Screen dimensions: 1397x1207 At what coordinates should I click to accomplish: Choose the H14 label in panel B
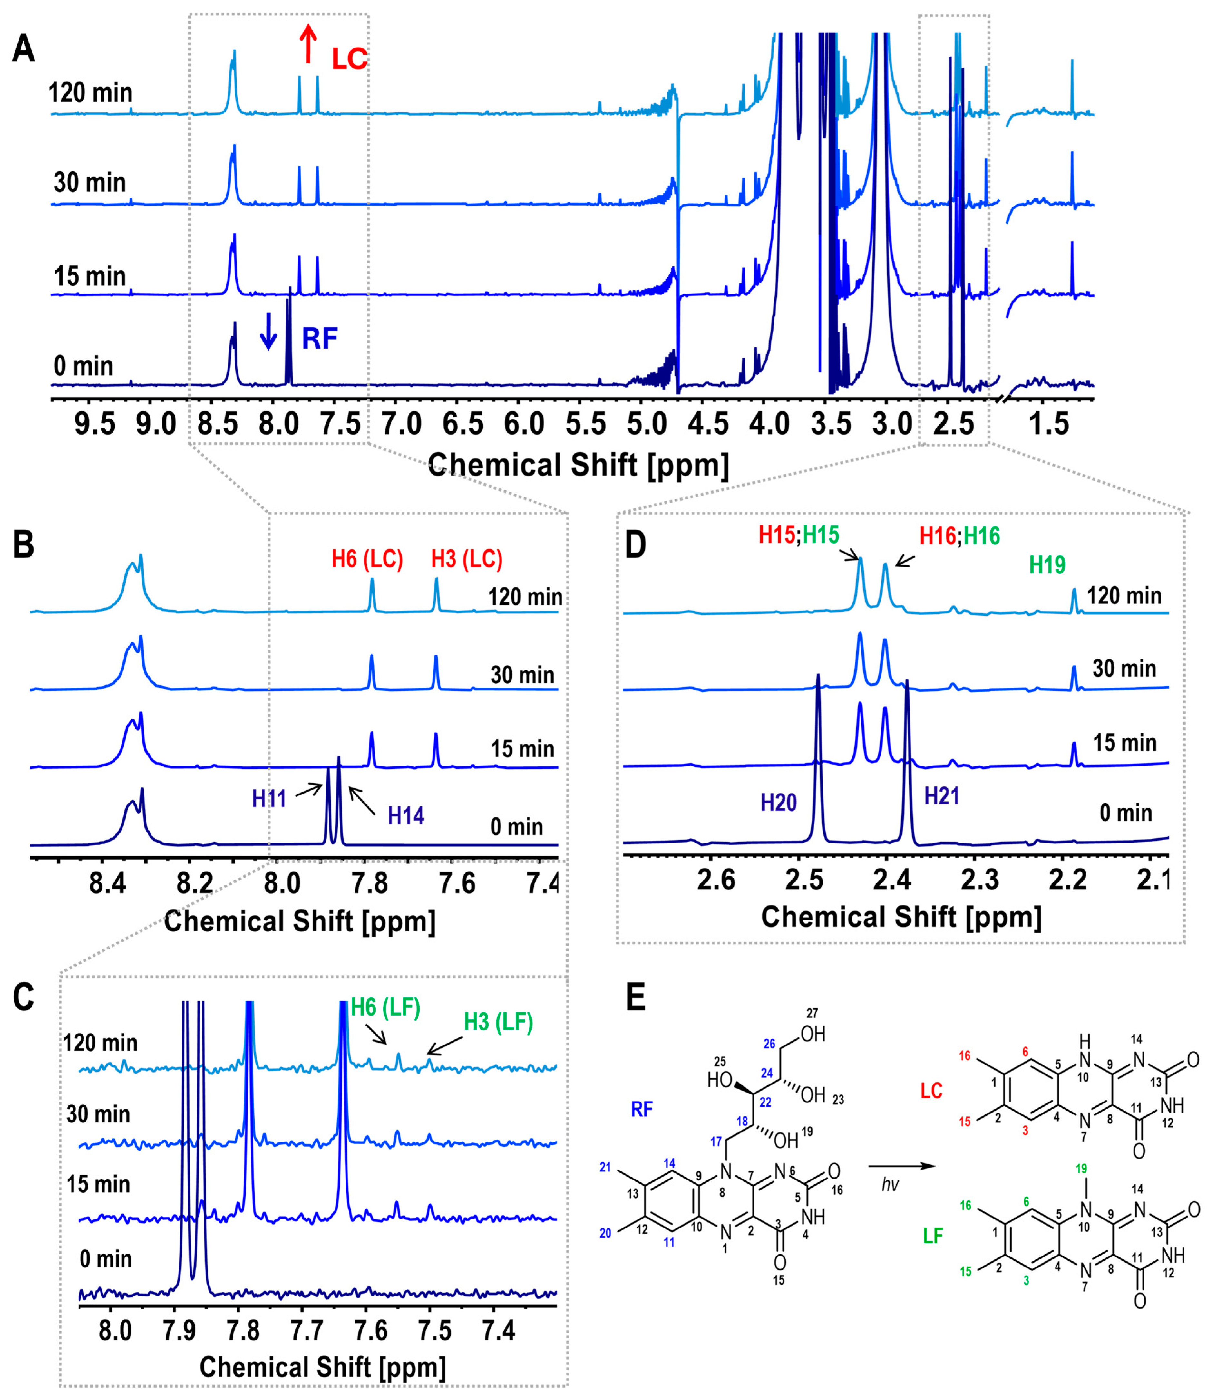tap(406, 816)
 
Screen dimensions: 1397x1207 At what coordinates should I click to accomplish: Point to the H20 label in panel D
tap(779, 802)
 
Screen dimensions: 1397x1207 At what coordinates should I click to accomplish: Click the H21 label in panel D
tap(941, 796)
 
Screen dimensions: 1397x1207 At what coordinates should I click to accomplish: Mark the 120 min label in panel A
tap(90, 92)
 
